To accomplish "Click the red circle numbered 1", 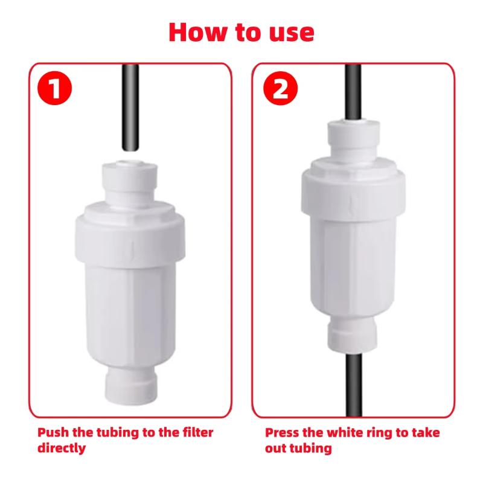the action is pyautogui.click(x=54, y=88).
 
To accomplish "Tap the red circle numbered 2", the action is pyautogui.click(x=281, y=88).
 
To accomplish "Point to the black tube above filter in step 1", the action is pyautogui.click(x=130, y=107).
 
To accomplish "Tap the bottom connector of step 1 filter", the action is pyautogui.click(x=130, y=386).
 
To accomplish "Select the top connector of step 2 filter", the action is pyautogui.click(x=353, y=139).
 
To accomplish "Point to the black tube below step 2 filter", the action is pyautogui.click(x=353, y=385).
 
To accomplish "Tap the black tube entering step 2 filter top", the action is pyautogui.click(x=353, y=92).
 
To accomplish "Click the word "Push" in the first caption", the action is pyautogui.click(x=53, y=433).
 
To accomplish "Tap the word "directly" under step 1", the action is pyautogui.click(x=62, y=448).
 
